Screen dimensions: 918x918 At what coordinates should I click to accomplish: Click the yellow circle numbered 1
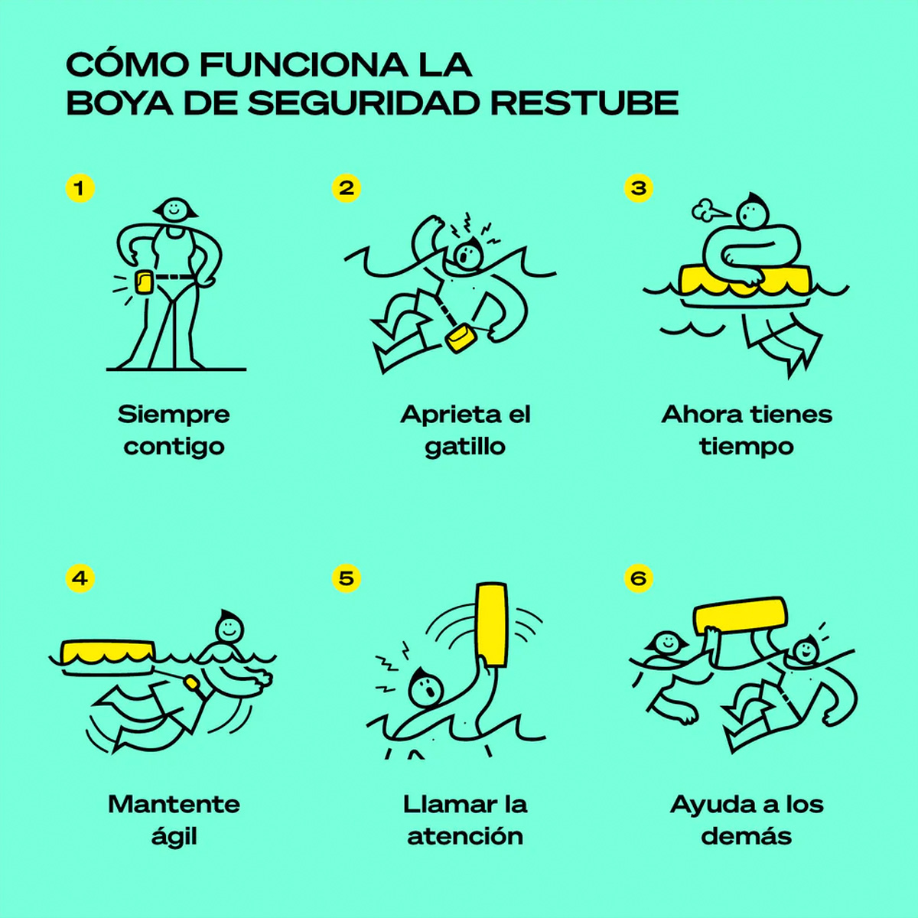tap(80, 188)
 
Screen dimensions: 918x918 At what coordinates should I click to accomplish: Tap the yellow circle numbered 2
tap(347, 188)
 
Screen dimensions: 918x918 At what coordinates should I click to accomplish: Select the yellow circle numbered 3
tap(638, 188)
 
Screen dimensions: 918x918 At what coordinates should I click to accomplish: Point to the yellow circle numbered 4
tap(80, 579)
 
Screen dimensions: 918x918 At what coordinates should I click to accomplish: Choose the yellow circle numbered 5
tap(347, 579)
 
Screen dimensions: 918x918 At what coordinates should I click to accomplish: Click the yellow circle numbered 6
tap(638, 579)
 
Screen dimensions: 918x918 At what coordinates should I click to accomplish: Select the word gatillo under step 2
tap(465, 448)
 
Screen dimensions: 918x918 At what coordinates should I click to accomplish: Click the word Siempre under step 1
tap(174, 415)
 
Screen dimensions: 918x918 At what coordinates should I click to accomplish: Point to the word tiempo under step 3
tap(747, 448)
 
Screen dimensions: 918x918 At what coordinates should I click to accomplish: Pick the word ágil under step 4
tap(174, 837)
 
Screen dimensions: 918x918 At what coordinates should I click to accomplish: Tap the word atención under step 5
tap(465, 837)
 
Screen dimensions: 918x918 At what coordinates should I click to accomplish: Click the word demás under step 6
tap(747, 837)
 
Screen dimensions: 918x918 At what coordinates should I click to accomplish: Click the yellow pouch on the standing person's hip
tap(145, 282)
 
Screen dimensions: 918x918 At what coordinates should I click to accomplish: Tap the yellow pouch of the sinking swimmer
tap(461, 337)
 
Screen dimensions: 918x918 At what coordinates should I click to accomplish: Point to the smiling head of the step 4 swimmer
tap(229, 628)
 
